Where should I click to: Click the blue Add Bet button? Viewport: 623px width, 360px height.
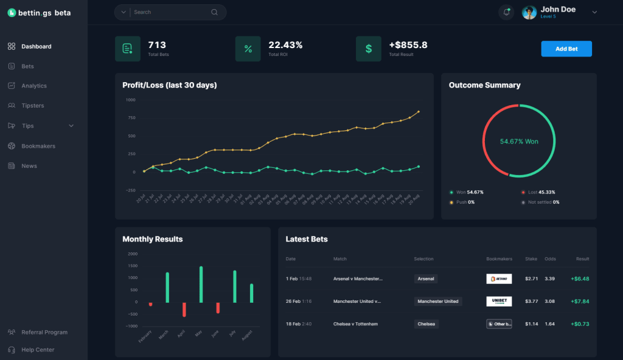pos(566,49)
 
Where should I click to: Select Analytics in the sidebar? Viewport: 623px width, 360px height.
pos(33,86)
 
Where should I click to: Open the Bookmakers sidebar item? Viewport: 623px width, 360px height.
pos(38,146)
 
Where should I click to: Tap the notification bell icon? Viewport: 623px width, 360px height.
pos(506,12)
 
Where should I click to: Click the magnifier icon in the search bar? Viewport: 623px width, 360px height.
pos(214,12)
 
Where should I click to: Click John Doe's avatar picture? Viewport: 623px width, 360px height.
pos(529,12)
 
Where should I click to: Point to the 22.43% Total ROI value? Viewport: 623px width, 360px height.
pos(285,45)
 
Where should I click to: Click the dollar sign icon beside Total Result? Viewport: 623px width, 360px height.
pos(368,49)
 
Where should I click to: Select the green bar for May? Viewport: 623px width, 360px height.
pos(201,284)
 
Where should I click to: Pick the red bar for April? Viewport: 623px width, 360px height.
pos(184,310)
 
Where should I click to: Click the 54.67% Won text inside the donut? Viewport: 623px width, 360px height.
pos(519,142)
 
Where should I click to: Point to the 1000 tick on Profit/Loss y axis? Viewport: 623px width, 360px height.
pos(130,100)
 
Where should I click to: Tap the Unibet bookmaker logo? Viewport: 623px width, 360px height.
pos(499,301)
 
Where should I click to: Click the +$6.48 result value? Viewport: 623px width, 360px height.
pos(579,279)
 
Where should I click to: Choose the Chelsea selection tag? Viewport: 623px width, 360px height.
pos(426,324)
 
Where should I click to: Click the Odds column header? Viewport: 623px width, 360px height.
pos(549,259)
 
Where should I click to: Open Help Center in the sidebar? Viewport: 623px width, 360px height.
pos(38,350)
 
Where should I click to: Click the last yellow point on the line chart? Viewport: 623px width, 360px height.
pos(419,112)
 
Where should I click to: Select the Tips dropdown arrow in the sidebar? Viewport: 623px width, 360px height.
pos(71,126)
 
